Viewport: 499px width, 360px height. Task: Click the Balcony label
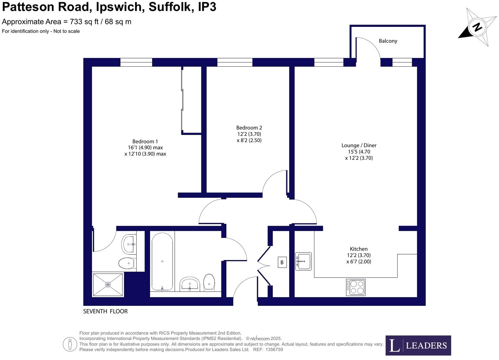pos(388,41)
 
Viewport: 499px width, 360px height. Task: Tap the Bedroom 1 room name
pos(145,142)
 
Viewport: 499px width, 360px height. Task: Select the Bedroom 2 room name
pos(249,128)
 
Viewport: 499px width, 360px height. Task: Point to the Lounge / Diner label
pos(359,146)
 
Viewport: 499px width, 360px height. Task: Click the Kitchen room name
pos(358,249)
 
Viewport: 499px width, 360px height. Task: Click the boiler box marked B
pos(282,262)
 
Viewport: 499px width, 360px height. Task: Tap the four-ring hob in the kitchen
pos(355,287)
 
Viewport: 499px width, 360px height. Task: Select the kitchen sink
pos(303,261)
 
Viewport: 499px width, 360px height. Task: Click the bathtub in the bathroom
pos(162,261)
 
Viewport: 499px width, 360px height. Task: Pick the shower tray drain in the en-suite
pos(108,284)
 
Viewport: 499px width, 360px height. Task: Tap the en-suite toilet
pos(127,263)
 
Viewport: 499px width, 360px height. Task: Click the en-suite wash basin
pos(129,244)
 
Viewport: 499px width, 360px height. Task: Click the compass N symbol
pos(477,27)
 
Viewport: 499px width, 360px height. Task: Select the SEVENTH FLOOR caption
pos(105,311)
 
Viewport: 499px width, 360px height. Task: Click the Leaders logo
pos(418,346)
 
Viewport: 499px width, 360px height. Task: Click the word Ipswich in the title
pos(120,7)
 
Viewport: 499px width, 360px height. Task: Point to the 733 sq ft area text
pos(81,22)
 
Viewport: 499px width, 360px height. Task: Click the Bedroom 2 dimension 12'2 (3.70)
pos(249,134)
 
